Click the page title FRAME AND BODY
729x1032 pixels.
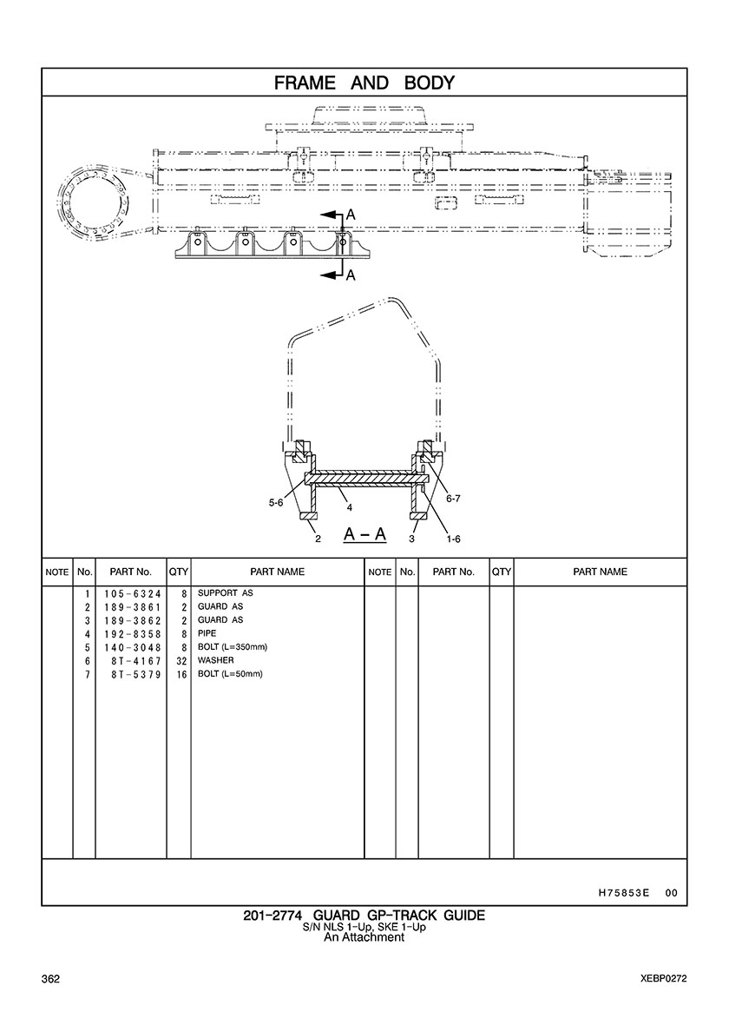click(x=364, y=83)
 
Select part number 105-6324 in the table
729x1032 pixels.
click(x=132, y=593)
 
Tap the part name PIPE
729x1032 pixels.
click(x=207, y=633)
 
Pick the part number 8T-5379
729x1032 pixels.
click(x=137, y=674)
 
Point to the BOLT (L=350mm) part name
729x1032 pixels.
click(x=233, y=647)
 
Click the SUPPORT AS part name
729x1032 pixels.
click(x=226, y=593)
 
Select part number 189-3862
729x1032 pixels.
click(x=132, y=620)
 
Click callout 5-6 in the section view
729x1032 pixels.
click(x=276, y=503)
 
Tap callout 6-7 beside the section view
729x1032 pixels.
click(x=454, y=499)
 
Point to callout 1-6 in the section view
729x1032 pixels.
click(x=453, y=539)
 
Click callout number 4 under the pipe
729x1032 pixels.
click(x=350, y=507)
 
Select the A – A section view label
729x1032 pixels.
click(x=364, y=533)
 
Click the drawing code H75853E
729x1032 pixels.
click(x=624, y=893)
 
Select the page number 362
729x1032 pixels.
click(x=50, y=979)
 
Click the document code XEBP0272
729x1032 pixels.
click(x=664, y=979)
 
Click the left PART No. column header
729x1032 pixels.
click(x=131, y=572)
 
